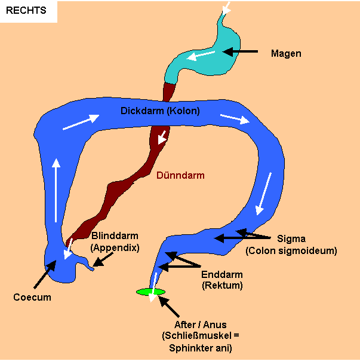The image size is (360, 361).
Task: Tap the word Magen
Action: coord(286,53)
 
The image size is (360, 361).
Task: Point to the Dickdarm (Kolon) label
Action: coord(160,111)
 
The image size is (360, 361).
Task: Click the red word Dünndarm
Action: coord(180,176)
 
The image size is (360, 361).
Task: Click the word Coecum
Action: coord(32,297)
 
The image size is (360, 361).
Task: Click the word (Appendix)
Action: coord(115,246)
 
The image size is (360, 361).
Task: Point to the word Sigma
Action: coord(292,239)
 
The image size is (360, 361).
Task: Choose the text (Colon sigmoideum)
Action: coord(291,251)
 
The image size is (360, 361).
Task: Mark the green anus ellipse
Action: coord(150,292)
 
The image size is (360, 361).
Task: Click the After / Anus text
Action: coord(201,325)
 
